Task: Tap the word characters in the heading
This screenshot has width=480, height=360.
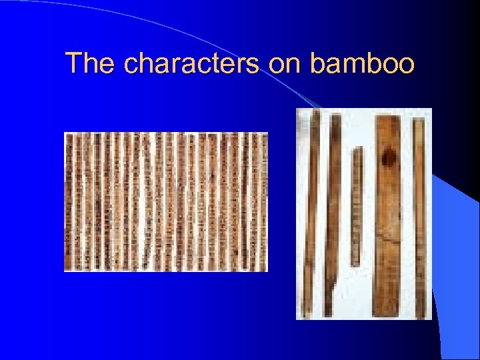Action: pyautogui.click(x=193, y=64)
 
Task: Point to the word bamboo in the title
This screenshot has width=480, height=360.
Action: pyautogui.click(x=363, y=64)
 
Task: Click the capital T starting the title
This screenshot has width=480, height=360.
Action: pyautogui.click(x=74, y=64)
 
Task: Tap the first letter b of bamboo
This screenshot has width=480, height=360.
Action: pyautogui.click(x=317, y=64)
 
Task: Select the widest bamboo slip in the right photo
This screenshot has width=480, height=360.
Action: pyautogui.click(x=387, y=213)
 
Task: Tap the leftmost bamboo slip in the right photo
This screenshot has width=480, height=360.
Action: pyautogui.click(x=308, y=213)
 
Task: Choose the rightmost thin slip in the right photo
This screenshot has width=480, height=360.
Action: pyautogui.click(x=419, y=217)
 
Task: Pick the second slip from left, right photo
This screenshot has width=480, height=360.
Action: pyautogui.click(x=331, y=213)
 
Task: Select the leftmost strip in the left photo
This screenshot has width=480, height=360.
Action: pyautogui.click(x=68, y=201)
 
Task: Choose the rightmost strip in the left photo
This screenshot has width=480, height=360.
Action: pyautogui.click(x=263, y=201)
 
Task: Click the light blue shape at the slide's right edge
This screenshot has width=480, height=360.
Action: pyautogui.click(x=460, y=253)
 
